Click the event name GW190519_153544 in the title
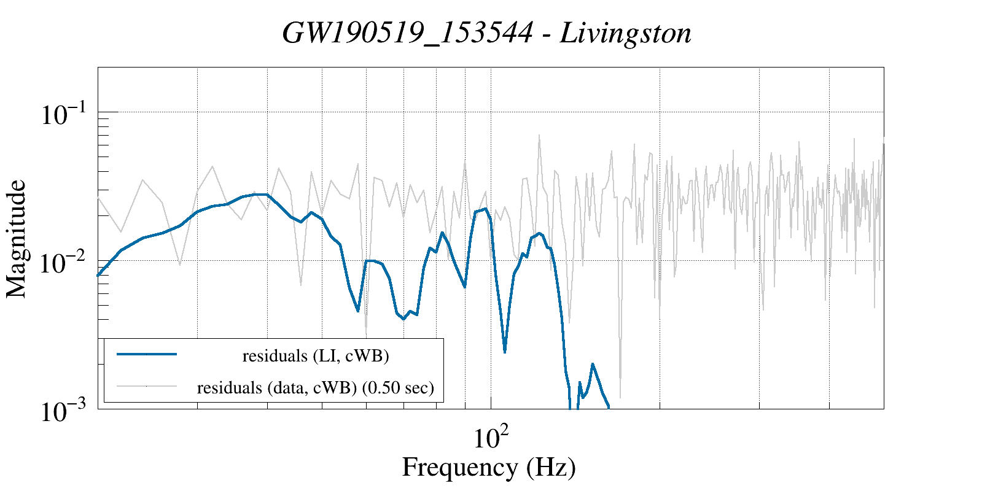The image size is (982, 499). click(x=407, y=33)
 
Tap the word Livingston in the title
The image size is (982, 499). click(x=626, y=33)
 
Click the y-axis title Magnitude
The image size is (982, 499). click(x=17, y=239)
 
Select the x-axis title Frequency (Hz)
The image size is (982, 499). click(x=489, y=467)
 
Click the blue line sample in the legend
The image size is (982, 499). click(x=147, y=354)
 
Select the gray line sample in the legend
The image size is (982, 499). click(x=147, y=386)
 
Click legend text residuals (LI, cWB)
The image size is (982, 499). click(x=316, y=355)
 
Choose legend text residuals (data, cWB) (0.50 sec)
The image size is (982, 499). click(x=316, y=388)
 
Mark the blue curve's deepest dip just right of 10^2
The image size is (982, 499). click(x=505, y=352)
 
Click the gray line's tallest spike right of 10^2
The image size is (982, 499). click(x=539, y=136)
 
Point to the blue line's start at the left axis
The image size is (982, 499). click(x=99, y=275)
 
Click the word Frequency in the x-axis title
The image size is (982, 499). click(x=459, y=467)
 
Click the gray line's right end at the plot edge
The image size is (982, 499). click(x=883, y=145)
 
